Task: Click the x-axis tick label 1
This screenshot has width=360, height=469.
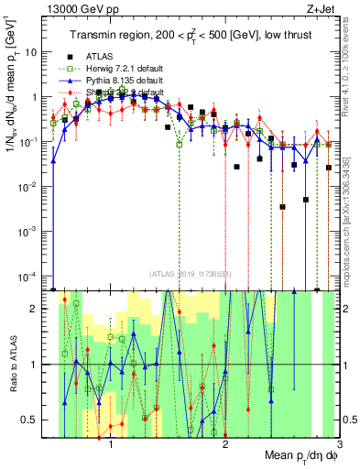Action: pos(111,445)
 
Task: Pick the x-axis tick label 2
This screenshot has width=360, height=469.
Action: pos(225,445)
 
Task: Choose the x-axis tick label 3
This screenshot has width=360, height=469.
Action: pos(338,445)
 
